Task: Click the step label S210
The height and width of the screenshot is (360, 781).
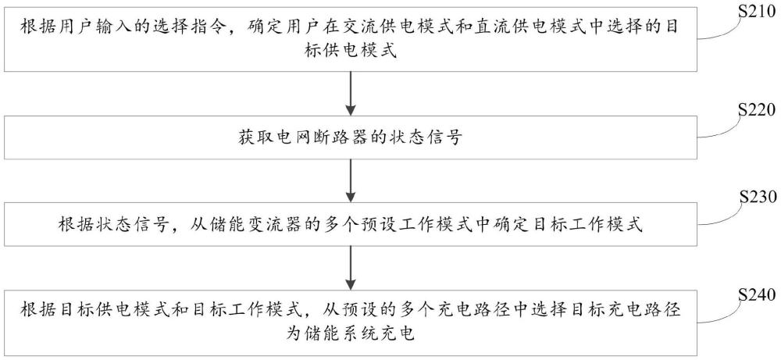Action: tap(758, 13)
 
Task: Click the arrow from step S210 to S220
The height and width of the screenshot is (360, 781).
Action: tap(351, 95)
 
